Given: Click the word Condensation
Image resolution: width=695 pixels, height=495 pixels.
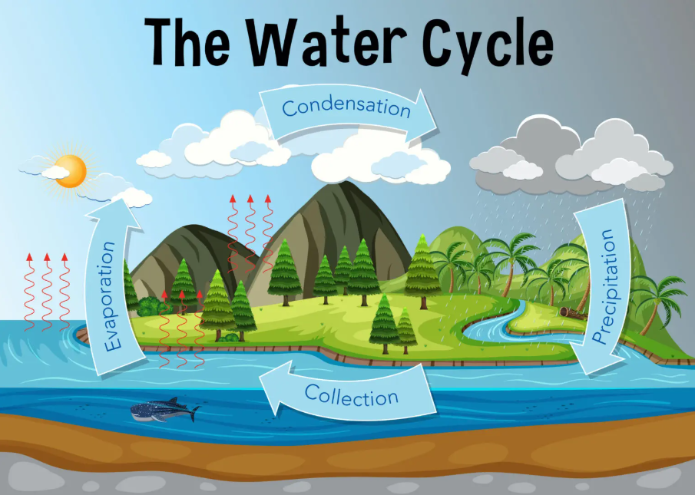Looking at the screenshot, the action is (x=346, y=107).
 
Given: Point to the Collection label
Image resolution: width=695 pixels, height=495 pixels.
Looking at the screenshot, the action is (x=351, y=395).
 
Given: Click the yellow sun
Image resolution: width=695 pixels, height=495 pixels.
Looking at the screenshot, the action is (x=71, y=171).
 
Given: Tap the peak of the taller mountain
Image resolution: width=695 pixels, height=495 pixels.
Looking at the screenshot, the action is (x=343, y=183).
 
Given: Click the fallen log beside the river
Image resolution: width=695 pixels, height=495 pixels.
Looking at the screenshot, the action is (x=572, y=312).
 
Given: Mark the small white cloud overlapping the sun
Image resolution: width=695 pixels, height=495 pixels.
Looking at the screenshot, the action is (x=55, y=172).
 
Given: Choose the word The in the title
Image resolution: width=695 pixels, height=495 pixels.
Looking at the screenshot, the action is (x=187, y=42).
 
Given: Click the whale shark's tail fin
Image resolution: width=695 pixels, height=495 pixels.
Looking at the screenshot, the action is (x=194, y=414).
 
